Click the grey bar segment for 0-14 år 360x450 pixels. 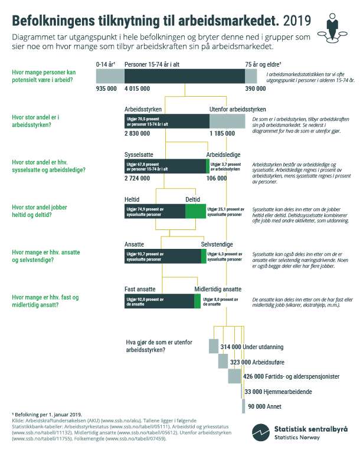[x=110, y=75]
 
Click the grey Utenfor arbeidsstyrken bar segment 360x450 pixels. [x=227, y=121]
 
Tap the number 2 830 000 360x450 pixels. [x=139, y=134]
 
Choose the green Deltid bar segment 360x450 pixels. [x=195, y=211]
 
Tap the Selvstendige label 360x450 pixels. [x=217, y=244]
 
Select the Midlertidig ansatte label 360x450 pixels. [x=218, y=289]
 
